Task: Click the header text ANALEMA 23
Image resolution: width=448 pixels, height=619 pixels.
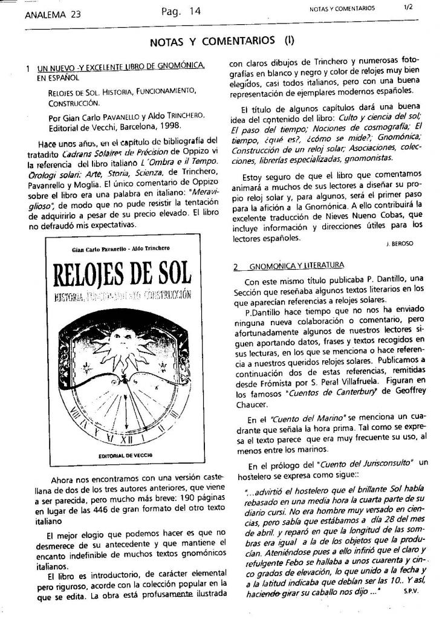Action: tap(53, 16)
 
